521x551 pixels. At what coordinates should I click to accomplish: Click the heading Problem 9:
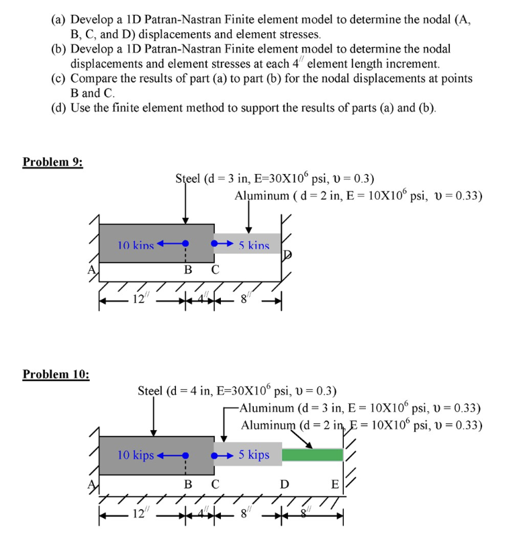[x=53, y=162]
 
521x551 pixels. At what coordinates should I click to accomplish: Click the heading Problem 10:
[x=56, y=374]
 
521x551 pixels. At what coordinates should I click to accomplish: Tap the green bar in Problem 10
[x=312, y=455]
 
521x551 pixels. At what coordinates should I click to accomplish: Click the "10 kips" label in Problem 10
[x=135, y=455]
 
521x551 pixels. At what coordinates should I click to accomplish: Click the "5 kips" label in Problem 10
[x=253, y=455]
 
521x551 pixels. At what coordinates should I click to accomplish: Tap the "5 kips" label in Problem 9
[x=253, y=246]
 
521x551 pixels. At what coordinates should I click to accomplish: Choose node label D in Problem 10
[x=285, y=484]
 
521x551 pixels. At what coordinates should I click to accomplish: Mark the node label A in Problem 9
[x=94, y=270]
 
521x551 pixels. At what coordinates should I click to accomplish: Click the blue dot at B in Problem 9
[x=185, y=243]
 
